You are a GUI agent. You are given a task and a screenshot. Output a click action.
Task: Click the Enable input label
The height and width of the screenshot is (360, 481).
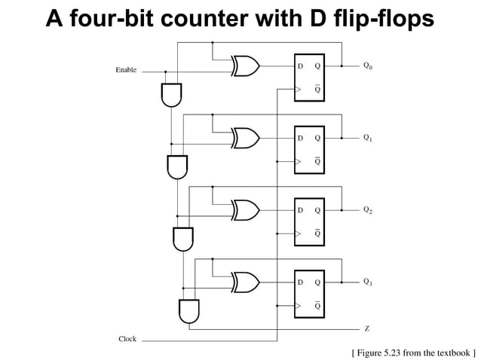(126, 70)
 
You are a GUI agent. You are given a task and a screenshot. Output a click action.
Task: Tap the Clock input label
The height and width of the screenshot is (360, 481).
(127, 339)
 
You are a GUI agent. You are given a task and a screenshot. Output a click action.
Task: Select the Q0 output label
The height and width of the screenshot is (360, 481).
(367, 66)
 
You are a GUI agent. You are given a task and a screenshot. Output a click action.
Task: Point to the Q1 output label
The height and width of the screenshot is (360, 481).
(367, 138)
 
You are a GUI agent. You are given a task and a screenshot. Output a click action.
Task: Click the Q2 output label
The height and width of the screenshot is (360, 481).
(367, 209)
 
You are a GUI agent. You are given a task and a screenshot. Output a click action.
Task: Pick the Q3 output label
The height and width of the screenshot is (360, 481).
(367, 281)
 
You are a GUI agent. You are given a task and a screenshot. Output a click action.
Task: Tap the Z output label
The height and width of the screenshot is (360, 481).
(366, 329)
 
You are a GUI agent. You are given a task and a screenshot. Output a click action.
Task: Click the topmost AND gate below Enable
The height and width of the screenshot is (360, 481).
(171, 93)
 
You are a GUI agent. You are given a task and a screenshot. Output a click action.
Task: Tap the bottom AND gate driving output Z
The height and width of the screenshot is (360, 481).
(188, 310)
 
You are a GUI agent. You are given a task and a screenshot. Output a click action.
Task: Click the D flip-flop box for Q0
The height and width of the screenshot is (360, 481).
(310, 78)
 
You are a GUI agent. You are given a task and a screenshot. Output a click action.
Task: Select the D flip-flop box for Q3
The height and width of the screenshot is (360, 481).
(310, 293)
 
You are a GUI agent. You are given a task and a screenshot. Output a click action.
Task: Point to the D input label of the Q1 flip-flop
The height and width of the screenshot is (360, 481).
(300, 139)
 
